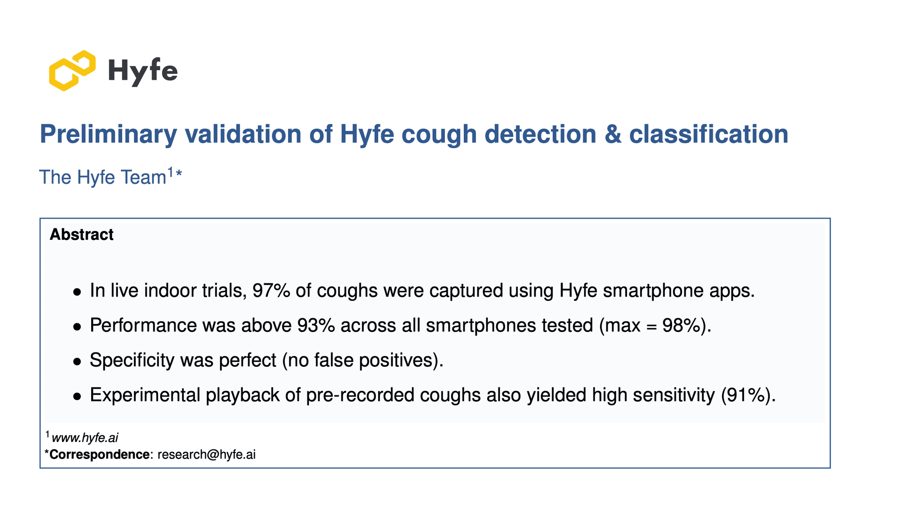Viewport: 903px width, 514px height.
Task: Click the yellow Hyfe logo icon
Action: click(x=72, y=71)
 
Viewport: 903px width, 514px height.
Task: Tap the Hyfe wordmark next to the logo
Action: click(x=143, y=71)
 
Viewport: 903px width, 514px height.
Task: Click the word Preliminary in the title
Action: click(x=108, y=134)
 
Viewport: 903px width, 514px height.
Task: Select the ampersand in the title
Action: click(x=613, y=134)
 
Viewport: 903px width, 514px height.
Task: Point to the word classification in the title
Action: click(x=708, y=134)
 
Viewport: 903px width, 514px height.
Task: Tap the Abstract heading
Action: click(x=81, y=234)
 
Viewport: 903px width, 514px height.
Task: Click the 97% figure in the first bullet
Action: click(x=271, y=290)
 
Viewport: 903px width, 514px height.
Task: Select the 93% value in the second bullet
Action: click(x=316, y=325)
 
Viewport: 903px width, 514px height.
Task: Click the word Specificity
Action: click(x=132, y=360)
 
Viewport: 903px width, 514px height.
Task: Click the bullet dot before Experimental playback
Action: click(x=77, y=396)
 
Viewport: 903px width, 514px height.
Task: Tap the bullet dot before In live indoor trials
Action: click(x=77, y=292)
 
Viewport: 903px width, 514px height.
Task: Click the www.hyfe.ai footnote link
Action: click(x=85, y=438)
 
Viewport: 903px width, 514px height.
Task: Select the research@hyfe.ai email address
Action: click(x=206, y=455)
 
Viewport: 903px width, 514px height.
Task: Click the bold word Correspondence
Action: click(x=99, y=455)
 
